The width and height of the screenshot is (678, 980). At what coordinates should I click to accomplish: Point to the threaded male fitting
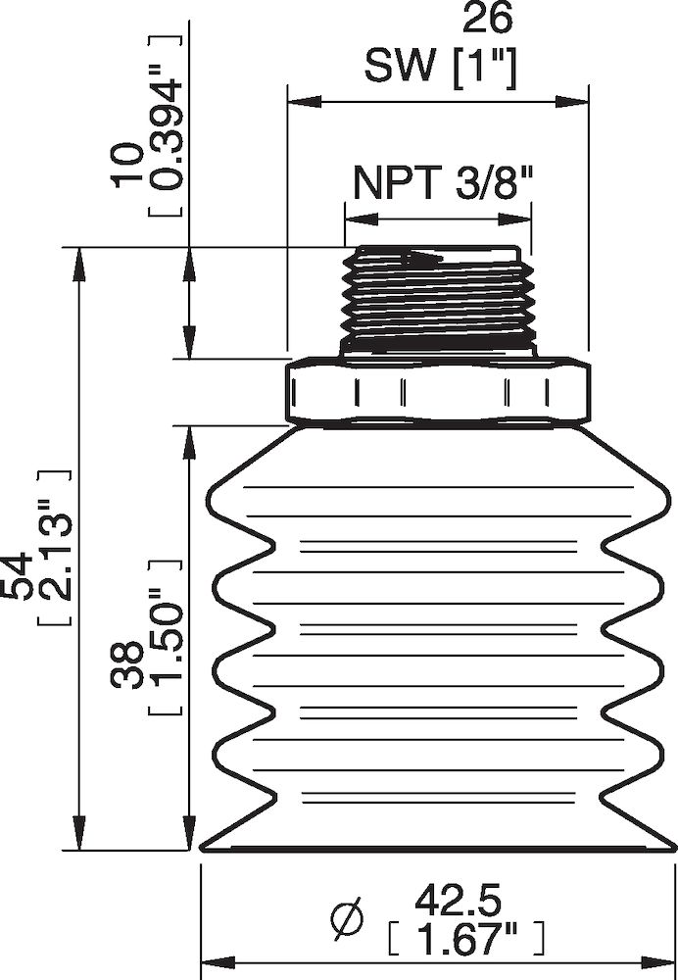click(437, 299)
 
